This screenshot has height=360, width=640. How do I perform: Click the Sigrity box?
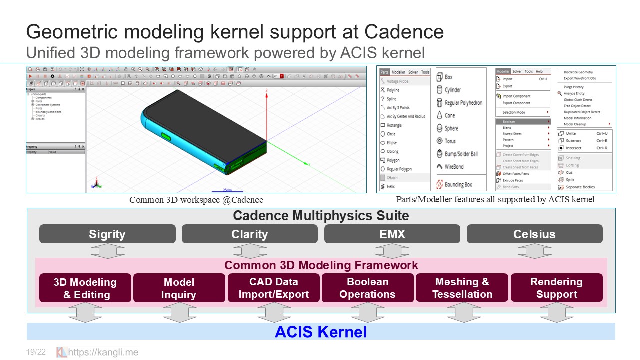[x=107, y=234]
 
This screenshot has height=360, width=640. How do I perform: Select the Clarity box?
[x=249, y=234]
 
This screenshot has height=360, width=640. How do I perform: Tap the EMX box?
[x=392, y=234]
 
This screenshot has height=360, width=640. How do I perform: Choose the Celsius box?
[x=534, y=234]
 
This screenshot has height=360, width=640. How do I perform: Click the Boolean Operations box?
[x=367, y=288]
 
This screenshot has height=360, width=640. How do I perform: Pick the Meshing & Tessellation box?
[x=462, y=288]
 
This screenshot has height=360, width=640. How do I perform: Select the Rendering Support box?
[x=556, y=288]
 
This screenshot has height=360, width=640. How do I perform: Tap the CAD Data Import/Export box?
[x=273, y=288]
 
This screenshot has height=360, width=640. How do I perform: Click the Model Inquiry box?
[x=179, y=288]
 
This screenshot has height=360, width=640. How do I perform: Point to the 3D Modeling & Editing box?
[x=85, y=288]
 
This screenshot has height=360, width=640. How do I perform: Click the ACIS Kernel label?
[x=321, y=332]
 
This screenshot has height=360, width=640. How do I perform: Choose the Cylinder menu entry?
[x=452, y=90]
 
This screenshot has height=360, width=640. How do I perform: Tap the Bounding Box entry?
[x=458, y=185]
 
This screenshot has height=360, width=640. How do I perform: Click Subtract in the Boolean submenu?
[x=573, y=141]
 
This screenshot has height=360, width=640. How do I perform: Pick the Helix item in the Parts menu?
[x=390, y=186]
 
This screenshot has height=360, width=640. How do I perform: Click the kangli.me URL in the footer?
[x=103, y=352]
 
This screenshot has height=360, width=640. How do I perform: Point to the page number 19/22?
[x=36, y=352]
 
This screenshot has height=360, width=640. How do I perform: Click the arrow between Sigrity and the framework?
[x=107, y=251]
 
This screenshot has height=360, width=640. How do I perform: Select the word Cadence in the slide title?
[x=404, y=32]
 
